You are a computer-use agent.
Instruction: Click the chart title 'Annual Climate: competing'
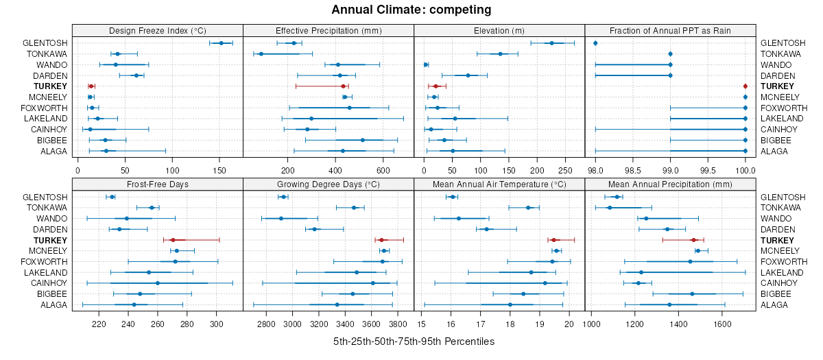(x=411, y=10)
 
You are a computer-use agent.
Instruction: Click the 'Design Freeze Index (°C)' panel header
(x=158, y=30)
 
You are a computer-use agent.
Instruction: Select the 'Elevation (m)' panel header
(x=499, y=30)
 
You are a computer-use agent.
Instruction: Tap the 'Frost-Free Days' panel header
(x=158, y=184)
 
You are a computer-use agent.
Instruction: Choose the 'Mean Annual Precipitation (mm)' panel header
(x=670, y=184)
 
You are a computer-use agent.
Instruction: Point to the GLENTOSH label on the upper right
(x=778, y=43)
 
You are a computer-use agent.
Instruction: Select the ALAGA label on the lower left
(x=54, y=305)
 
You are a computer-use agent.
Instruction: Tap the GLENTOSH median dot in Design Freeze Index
(x=221, y=43)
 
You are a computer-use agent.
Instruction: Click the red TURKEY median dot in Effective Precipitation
(x=343, y=86)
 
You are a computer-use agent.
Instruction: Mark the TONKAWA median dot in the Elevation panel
(x=500, y=54)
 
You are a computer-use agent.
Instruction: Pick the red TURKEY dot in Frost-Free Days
(x=173, y=240)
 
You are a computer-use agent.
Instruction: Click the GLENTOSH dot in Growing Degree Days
(x=283, y=197)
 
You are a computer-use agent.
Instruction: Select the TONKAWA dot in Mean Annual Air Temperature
(x=528, y=208)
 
